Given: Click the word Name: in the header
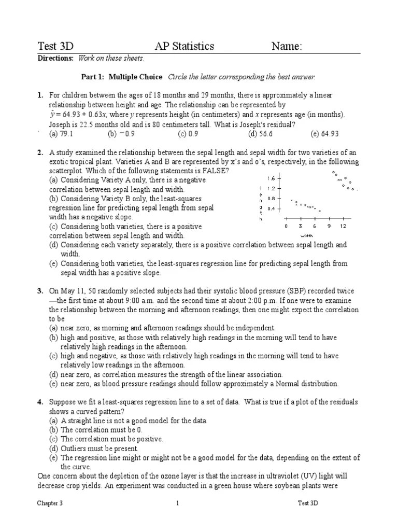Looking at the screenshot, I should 287,46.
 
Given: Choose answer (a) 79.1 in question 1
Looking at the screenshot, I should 61,133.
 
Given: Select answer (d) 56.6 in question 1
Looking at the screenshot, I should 260,133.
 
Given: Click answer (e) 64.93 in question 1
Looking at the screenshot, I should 324,133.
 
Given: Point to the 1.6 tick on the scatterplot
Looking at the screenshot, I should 271,178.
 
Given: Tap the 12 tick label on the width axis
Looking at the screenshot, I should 343,227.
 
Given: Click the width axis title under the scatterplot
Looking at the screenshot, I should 307,236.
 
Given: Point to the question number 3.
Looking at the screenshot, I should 40,291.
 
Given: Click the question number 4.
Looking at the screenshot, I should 40,402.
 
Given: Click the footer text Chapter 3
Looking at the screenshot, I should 50,503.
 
